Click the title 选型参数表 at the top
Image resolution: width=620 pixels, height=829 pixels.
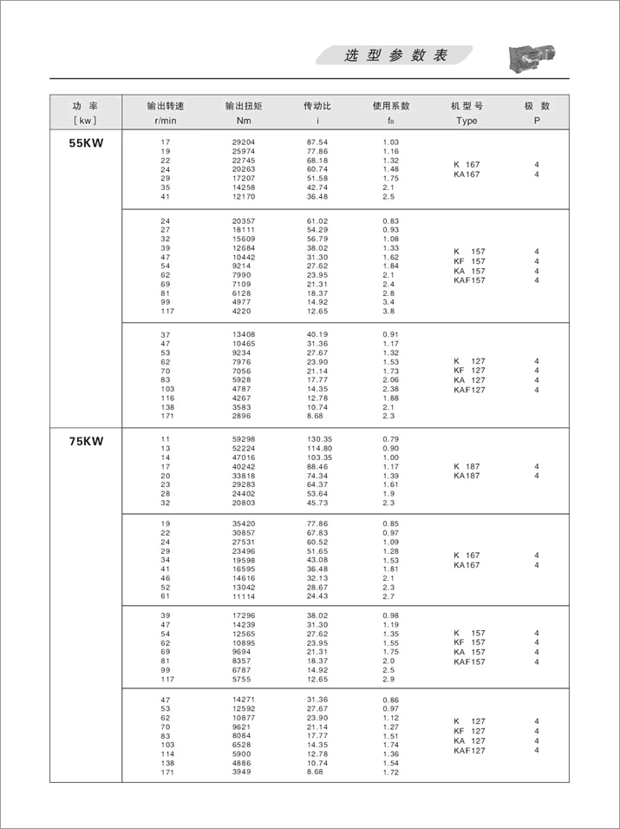(x=395, y=56)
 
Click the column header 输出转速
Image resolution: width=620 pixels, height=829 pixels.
(x=165, y=106)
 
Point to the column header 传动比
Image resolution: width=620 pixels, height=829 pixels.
(x=317, y=106)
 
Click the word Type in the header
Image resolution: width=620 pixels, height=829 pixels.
(x=467, y=121)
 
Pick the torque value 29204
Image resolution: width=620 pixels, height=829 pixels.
(x=245, y=141)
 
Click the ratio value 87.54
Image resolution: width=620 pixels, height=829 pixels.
(x=317, y=141)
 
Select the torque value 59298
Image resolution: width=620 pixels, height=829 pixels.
(x=245, y=439)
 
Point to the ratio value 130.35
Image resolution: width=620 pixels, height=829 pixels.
(x=319, y=439)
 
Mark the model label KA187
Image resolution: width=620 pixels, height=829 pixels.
(x=467, y=476)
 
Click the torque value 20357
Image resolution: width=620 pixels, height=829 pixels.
(x=245, y=221)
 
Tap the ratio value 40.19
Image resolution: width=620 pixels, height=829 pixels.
(x=317, y=335)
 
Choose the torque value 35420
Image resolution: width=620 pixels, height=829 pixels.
(x=245, y=524)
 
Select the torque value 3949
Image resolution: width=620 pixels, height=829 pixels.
(x=243, y=772)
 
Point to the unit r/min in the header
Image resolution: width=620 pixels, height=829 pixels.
(x=165, y=121)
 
